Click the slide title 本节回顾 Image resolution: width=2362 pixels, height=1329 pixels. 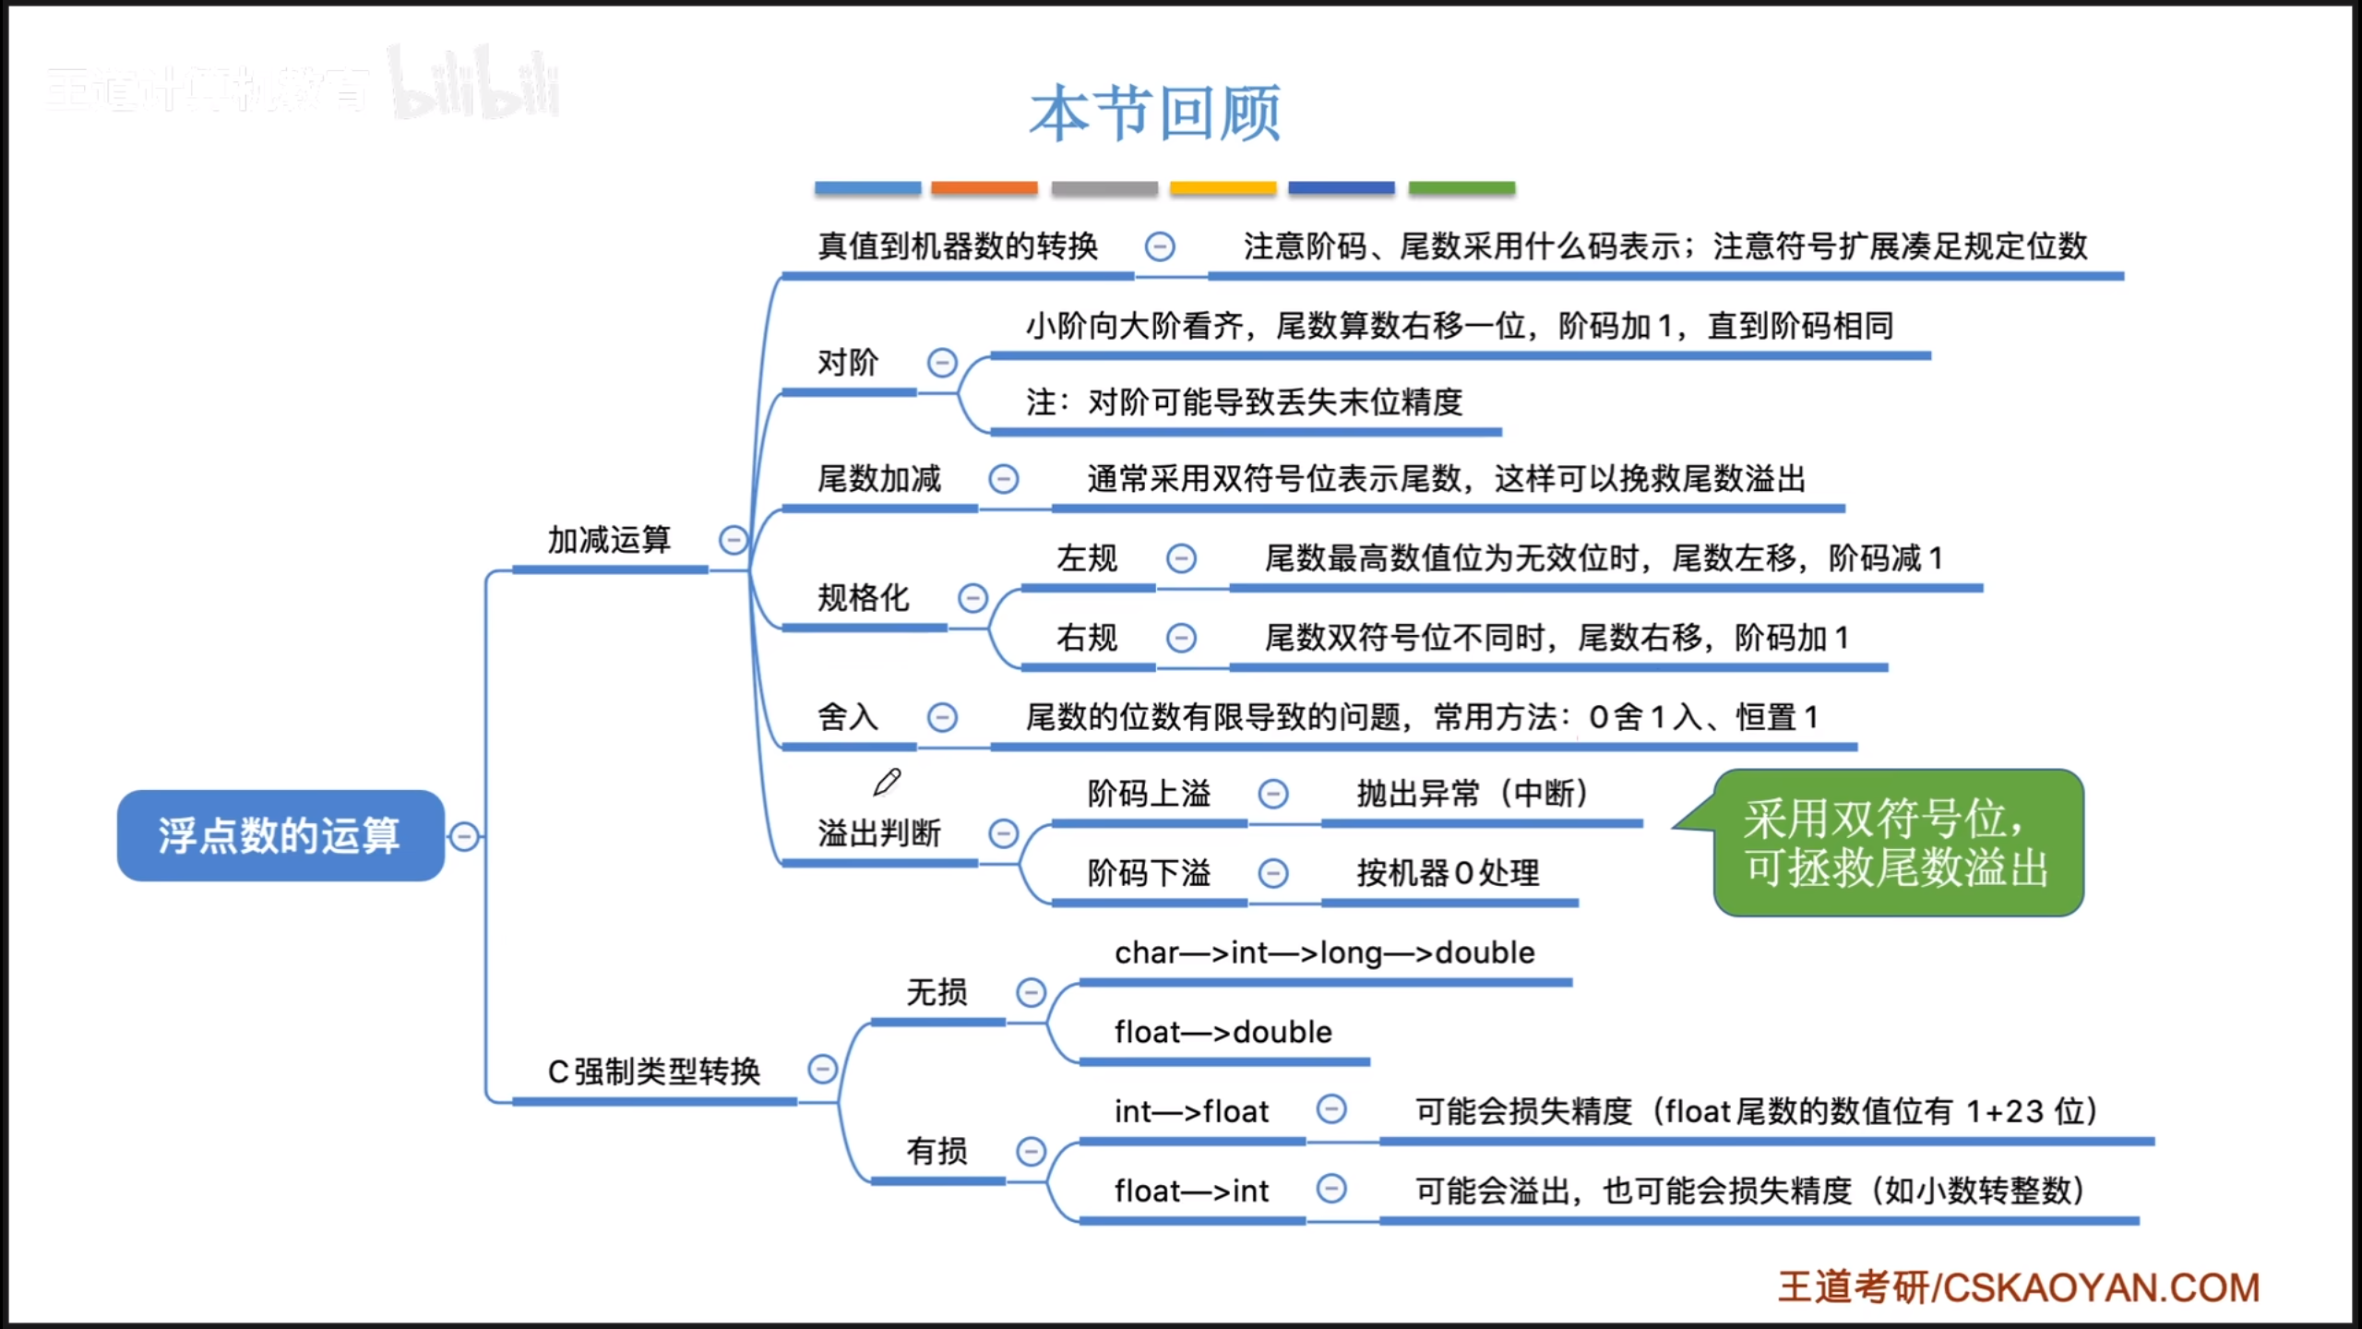click(x=1155, y=114)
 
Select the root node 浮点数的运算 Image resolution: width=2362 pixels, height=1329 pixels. click(x=280, y=835)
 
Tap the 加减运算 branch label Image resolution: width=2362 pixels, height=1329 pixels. click(x=609, y=540)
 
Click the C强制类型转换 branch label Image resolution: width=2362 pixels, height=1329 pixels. click(x=653, y=1072)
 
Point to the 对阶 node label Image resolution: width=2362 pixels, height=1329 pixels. click(x=847, y=363)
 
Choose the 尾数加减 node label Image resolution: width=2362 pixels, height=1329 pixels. click(x=878, y=479)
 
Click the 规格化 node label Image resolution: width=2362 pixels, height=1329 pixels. click(x=863, y=598)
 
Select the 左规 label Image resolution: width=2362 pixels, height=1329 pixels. click(x=1086, y=558)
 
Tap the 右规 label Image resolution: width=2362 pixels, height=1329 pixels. click(x=1086, y=638)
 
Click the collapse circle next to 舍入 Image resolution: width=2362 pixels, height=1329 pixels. click(x=942, y=717)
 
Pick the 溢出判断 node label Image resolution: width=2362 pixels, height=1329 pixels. click(x=878, y=833)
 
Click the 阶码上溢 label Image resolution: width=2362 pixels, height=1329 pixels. click(x=1149, y=794)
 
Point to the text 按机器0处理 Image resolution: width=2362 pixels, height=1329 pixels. click(x=1448, y=873)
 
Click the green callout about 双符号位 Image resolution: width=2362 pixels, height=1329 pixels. click(x=1897, y=843)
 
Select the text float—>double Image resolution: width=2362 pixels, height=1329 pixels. click(x=1223, y=1032)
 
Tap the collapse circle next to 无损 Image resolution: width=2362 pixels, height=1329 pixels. click(x=1031, y=992)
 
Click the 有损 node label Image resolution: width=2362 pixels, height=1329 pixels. click(x=936, y=1151)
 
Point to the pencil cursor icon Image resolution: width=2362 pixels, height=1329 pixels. click(x=887, y=783)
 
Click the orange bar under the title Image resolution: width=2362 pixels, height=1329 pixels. click(x=984, y=188)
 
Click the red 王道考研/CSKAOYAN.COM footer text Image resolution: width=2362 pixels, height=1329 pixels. click(x=2019, y=1287)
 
